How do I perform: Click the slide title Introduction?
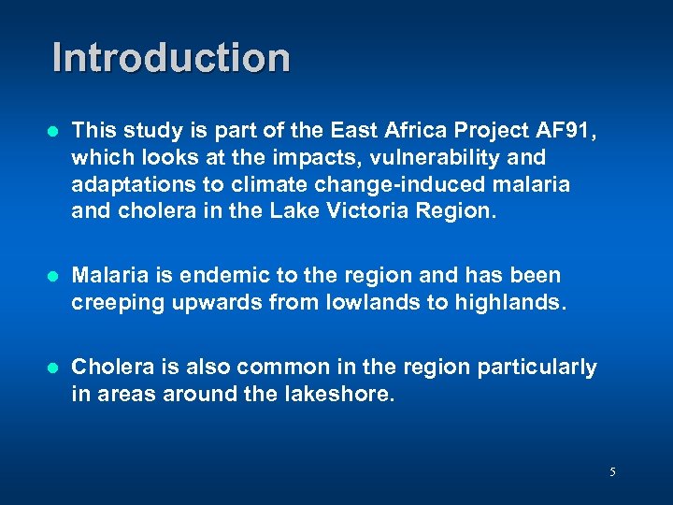[171, 57]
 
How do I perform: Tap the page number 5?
[612, 472]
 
